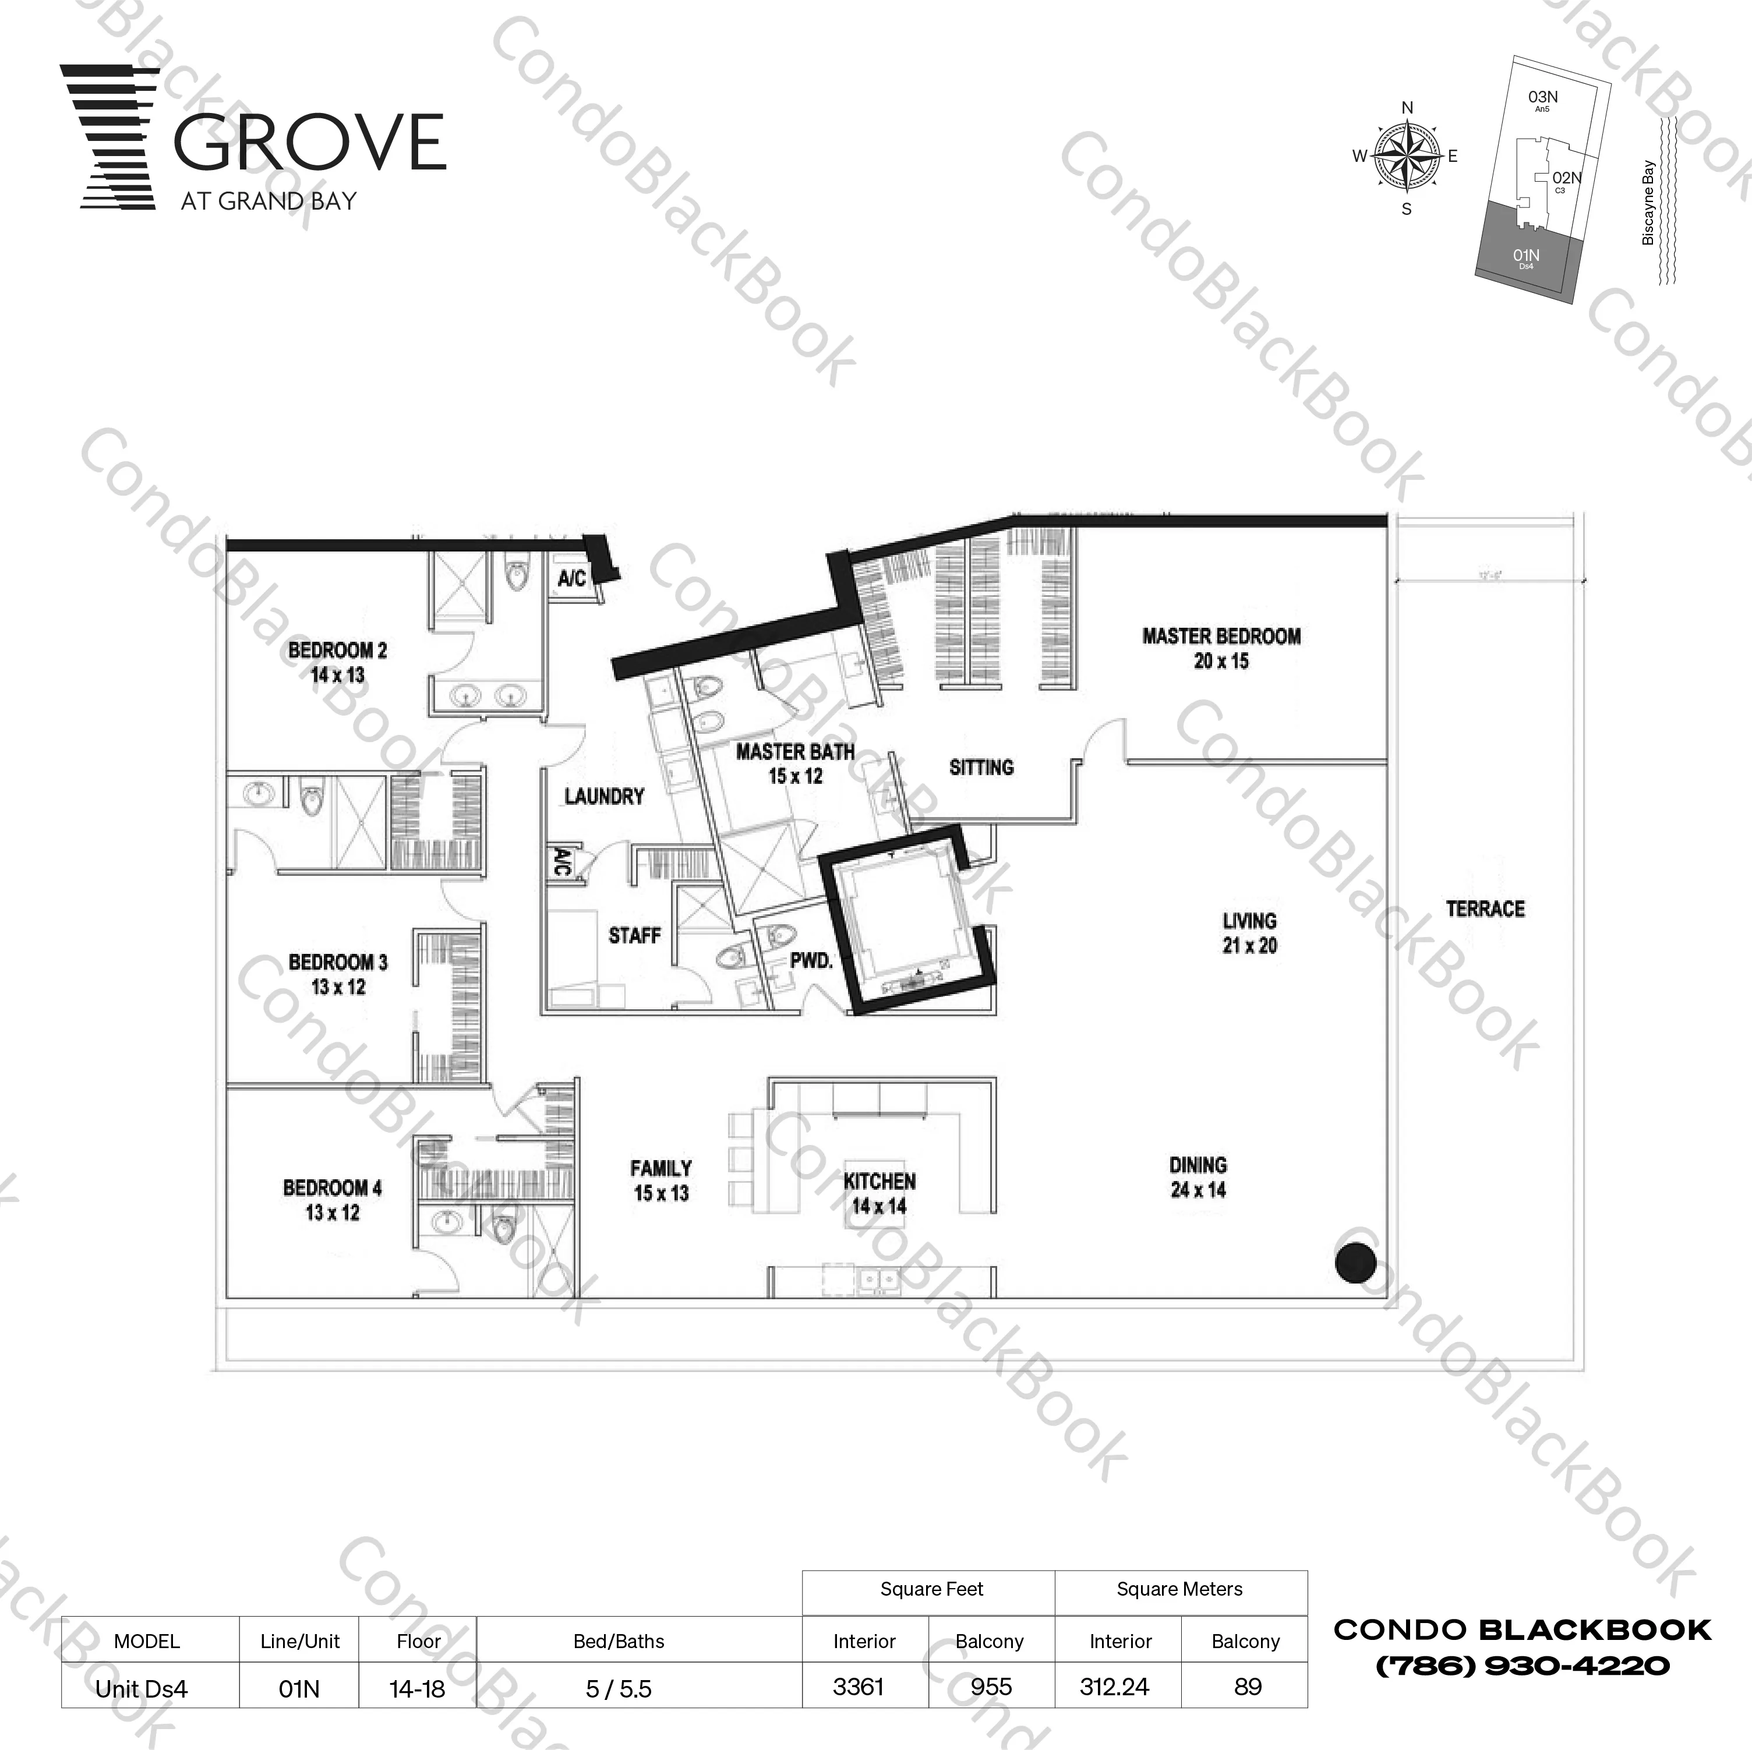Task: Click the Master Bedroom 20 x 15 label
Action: [x=1221, y=648]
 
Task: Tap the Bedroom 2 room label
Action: [x=337, y=662]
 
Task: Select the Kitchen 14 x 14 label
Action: [x=879, y=1193]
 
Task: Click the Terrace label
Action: [x=1485, y=908]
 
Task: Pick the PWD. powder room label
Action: [x=811, y=960]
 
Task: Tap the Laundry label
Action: [x=604, y=796]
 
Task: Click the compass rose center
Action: [x=1407, y=157]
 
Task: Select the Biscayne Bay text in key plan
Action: [x=1648, y=203]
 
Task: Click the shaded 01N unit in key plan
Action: [x=1526, y=259]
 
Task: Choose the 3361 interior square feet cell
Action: [x=858, y=1687]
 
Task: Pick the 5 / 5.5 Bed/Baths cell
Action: [x=619, y=1688]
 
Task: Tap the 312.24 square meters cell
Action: [x=1114, y=1687]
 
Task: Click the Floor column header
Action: [x=418, y=1641]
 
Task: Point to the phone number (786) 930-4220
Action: [x=1523, y=1666]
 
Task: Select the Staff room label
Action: [x=634, y=935]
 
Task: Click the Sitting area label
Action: [x=981, y=767]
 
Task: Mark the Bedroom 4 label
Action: [x=332, y=1200]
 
